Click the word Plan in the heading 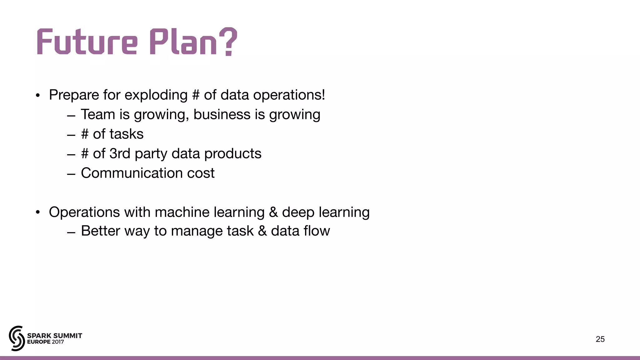(x=183, y=42)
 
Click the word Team (x=98, y=114)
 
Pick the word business (x=222, y=114)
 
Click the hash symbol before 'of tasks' (x=85, y=134)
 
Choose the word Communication (x=132, y=173)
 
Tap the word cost (x=201, y=173)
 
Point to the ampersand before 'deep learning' (x=273, y=212)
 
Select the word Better (x=100, y=231)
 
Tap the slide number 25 (x=600, y=339)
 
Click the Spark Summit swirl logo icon (x=17, y=338)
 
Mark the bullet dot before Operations (x=38, y=212)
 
